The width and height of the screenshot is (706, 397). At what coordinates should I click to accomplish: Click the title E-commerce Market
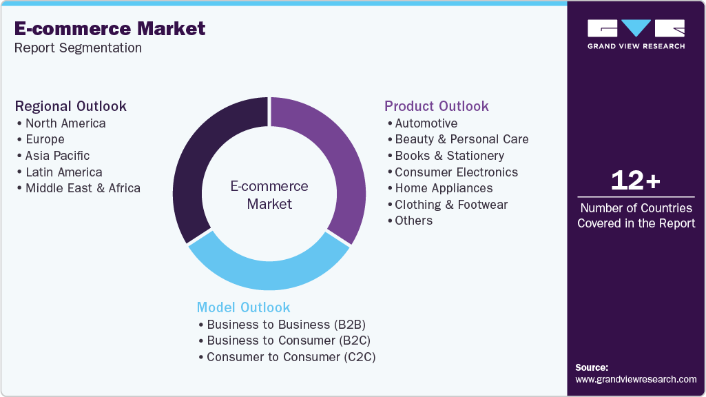110,28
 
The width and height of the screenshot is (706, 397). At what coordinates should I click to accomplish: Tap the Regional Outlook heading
71,106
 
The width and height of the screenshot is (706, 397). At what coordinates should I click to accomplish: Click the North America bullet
65,123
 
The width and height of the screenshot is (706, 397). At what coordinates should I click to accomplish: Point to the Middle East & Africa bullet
82,188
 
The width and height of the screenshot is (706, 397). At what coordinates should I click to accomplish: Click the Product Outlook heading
436,106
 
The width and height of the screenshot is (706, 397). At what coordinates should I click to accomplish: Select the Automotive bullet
426,123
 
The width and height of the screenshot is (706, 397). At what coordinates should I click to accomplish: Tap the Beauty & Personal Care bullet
461,139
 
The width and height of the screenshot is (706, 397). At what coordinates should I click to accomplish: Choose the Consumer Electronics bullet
456,172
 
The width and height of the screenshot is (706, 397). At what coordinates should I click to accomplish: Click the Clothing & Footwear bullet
451,205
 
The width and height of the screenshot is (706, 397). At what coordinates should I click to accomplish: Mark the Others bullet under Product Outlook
413,221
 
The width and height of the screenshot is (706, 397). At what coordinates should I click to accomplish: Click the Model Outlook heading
243,307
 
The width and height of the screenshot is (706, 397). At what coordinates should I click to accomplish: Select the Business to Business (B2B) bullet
286,325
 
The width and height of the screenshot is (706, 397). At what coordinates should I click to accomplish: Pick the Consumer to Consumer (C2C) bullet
291,357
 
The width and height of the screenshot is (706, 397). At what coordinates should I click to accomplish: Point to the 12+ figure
636,181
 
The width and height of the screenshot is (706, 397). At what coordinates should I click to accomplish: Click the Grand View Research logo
636,34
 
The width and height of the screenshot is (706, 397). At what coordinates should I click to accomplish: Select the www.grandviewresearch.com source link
636,379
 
